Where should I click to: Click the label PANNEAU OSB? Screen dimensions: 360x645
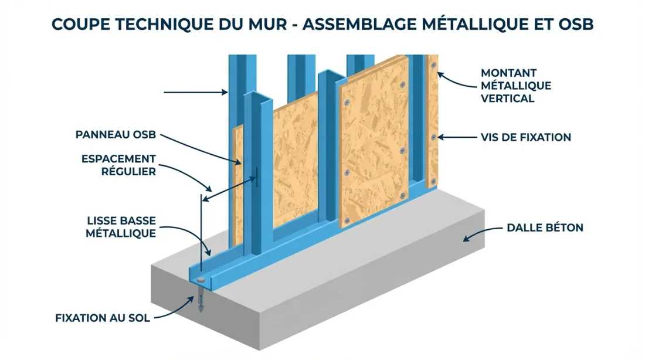coord(116,135)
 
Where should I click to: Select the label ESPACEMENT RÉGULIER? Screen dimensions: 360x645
coord(119,165)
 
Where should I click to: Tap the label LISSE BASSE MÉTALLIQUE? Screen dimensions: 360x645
coord(121,227)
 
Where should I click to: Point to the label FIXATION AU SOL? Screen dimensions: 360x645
coord(103,318)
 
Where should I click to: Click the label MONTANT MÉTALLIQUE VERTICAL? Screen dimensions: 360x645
coord(515,86)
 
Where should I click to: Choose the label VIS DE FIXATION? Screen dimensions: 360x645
coord(525,138)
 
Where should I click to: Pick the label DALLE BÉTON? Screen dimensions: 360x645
coord(545,227)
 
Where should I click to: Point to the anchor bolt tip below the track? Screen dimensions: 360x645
coord(201,306)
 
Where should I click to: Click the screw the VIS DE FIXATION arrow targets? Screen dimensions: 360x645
coord(433,137)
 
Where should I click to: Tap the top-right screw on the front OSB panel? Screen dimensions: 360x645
coord(402,86)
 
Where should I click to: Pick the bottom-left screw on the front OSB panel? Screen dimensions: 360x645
coord(347,220)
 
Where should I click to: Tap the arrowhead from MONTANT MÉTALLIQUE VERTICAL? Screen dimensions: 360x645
coord(439,76)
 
